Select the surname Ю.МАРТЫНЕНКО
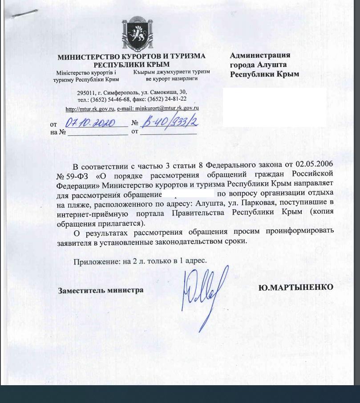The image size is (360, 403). point(295,288)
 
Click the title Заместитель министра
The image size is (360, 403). point(101,290)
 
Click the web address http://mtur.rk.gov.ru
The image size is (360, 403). point(90,108)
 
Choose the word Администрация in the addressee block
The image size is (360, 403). point(260,56)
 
